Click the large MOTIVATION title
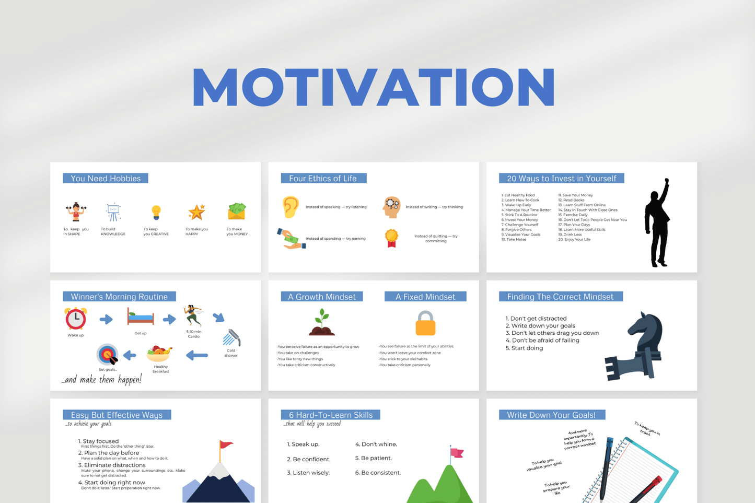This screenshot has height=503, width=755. coord(374,87)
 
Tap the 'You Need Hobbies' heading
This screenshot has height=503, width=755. coord(106,178)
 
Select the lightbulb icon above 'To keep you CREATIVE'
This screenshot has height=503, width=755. coord(156,212)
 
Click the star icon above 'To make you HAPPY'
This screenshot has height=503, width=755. coord(196,212)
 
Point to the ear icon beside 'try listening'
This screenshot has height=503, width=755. coord(291,207)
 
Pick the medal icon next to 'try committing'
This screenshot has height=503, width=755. coord(391,238)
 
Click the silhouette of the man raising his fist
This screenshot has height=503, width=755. coord(658,224)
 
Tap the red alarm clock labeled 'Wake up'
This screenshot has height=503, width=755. coord(76,318)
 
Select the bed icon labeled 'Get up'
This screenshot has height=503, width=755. coord(141,317)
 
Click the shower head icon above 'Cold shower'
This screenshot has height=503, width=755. coord(231,338)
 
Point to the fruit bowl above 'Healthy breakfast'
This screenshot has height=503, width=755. coord(159,354)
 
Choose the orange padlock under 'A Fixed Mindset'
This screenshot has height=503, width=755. coord(425,324)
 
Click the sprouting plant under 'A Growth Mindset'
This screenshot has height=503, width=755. coord(322,322)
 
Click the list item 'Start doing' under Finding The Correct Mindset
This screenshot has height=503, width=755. coord(527,348)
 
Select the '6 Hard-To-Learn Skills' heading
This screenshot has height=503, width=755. coord(331,415)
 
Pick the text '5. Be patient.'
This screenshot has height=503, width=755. coord(373,458)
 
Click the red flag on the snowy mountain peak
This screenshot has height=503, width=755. coord(226,444)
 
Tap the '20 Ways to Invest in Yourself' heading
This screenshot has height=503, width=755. coord(561,178)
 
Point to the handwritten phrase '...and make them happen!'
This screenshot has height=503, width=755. coord(102,380)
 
